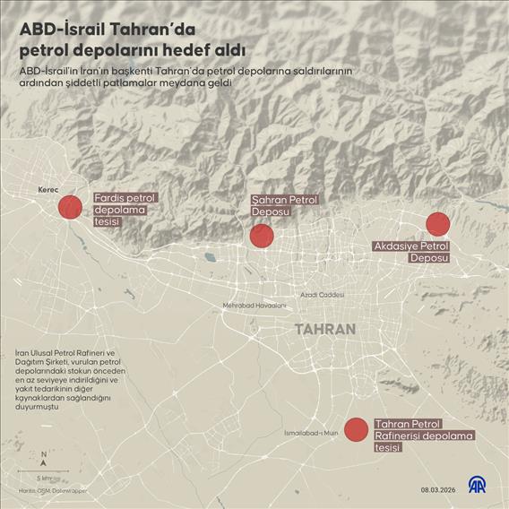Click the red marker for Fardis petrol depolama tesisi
[70, 208]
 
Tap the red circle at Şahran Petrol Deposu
[261, 236]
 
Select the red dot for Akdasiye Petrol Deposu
[437, 224]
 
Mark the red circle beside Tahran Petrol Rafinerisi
[356, 430]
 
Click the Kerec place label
[48, 191]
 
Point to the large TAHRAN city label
[325, 329]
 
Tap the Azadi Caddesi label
[322, 294]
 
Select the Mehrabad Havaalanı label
[254, 306]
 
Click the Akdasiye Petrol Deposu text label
[410, 251]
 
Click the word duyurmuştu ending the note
[38, 408]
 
